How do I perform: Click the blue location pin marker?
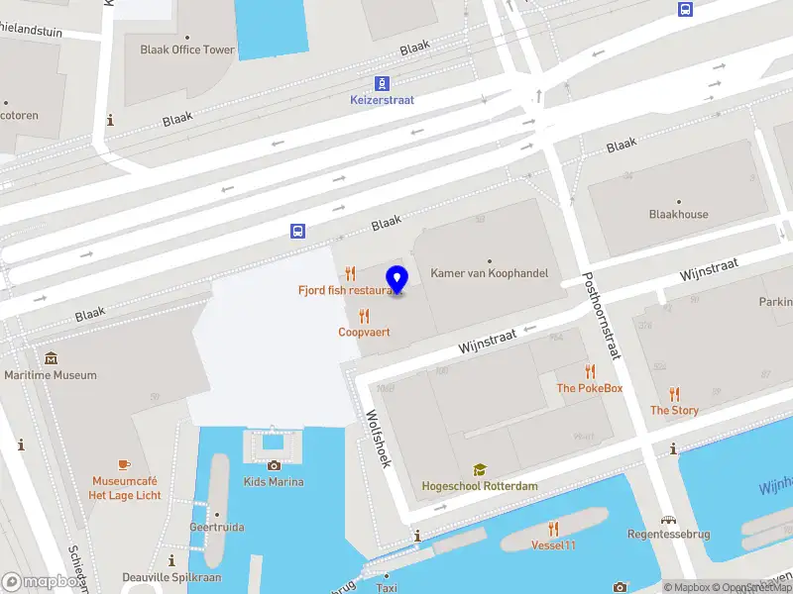[x=396, y=280]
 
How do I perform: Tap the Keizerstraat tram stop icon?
[x=382, y=84]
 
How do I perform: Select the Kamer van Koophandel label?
[x=489, y=272]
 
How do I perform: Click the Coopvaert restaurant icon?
[x=364, y=316]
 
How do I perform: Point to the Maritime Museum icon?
[x=51, y=358]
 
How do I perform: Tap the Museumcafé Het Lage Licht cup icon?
[x=124, y=464]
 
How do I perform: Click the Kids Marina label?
[x=274, y=482]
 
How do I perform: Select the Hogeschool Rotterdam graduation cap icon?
[x=480, y=469]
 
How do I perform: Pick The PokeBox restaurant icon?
[x=591, y=372]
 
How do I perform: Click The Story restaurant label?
[x=674, y=410]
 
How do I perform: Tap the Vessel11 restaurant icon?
[x=553, y=529]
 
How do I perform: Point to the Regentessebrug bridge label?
[x=669, y=534]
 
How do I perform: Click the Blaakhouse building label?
[x=678, y=214]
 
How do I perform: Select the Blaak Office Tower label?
[x=187, y=49]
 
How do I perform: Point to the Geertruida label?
[x=218, y=527]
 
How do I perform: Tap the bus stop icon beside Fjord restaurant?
[x=297, y=231]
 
